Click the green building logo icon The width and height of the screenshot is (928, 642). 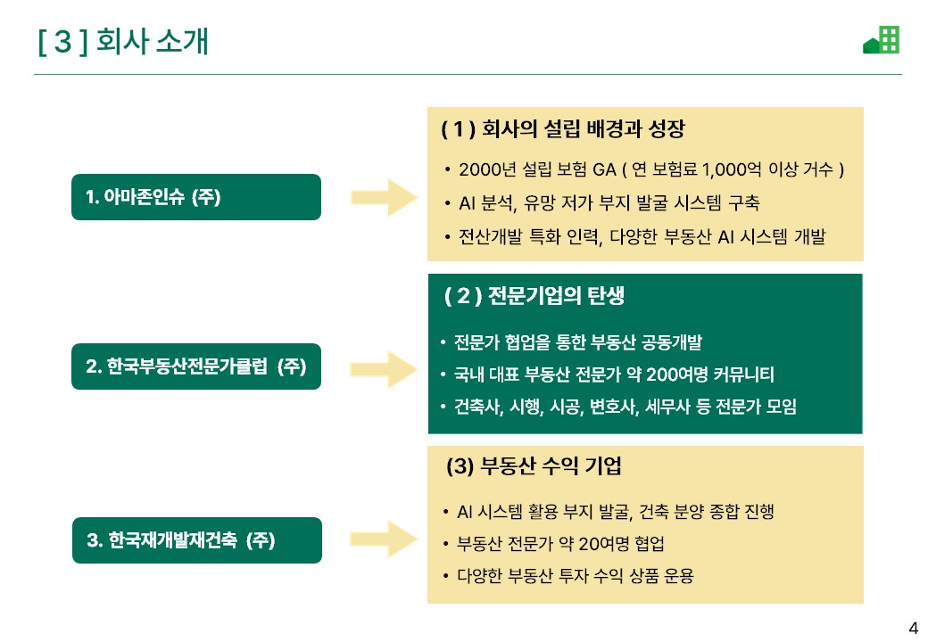882,40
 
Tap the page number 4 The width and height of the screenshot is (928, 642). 913,626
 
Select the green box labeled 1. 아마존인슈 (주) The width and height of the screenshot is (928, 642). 196,197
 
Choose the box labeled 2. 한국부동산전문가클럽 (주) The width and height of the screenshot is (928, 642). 196,366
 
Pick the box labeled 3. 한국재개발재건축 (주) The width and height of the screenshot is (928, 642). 196,540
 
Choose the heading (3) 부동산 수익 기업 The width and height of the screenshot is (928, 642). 534,466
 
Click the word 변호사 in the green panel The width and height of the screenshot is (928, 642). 615,407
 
